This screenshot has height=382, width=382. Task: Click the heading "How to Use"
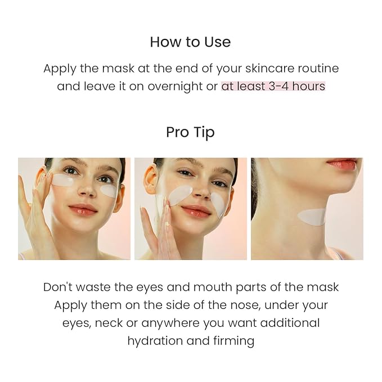[x=190, y=42]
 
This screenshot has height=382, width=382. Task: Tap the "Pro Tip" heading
[x=190, y=133]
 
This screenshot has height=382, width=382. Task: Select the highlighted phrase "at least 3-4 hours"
[x=273, y=86]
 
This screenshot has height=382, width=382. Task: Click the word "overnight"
[x=175, y=87]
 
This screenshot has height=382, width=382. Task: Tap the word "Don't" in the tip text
[x=58, y=287]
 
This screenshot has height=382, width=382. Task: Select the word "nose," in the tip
[x=245, y=305]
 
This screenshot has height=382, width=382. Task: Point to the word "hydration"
[x=155, y=341]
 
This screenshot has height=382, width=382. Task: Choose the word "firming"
[x=233, y=341]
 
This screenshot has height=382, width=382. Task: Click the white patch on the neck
[x=312, y=217]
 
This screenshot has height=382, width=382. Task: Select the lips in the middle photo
[x=196, y=210]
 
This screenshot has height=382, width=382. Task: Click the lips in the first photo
[x=83, y=209]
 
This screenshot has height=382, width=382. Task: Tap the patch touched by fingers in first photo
[x=63, y=180]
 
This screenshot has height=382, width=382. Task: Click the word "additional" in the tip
[x=290, y=323]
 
